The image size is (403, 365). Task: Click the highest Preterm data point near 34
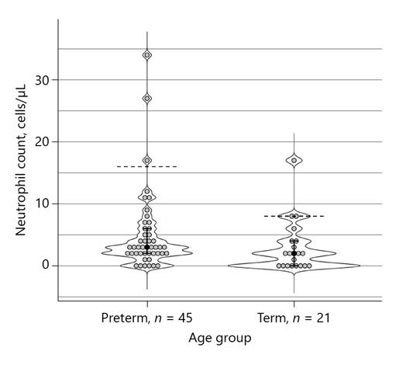point(147,55)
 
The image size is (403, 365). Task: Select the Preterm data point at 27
point(147,99)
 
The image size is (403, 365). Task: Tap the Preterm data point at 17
point(147,161)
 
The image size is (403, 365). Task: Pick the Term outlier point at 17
point(294,161)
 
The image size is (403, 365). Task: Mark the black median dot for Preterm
point(147,247)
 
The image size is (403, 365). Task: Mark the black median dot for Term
point(294,253)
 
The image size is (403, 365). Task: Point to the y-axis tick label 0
point(46,266)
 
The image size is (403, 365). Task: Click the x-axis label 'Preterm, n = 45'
point(146,318)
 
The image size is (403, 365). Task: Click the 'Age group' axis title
point(220,339)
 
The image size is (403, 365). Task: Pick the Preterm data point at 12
point(147,191)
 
